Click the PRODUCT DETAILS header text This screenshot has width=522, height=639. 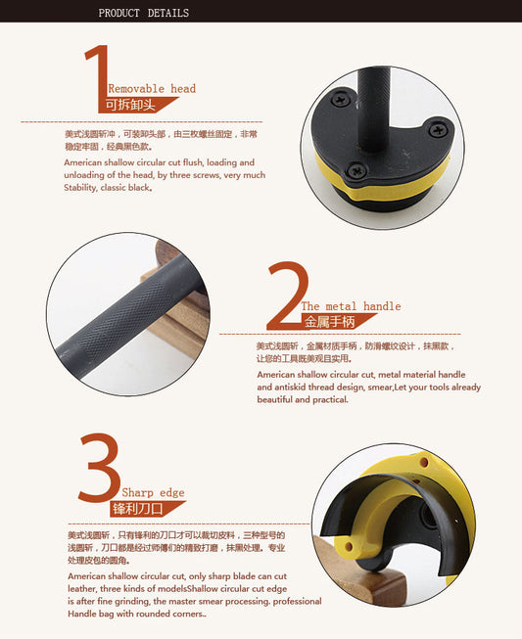pyautogui.click(x=144, y=13)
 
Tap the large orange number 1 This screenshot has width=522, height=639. pyautogui.click(x=98, y=78)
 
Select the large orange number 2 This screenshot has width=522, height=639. pyautogui.click(x=288, y=296)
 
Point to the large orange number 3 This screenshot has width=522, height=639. pyautogui.click(x=100, y=467)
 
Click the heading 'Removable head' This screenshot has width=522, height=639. pyautogui.click(x=152, y=88)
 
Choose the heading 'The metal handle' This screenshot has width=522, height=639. pyautogui.click(x=351, y=306)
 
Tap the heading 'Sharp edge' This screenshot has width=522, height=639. pyautogui.click(x=153, y=492)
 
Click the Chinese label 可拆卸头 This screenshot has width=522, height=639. pyautogui.click(x=130, y=105)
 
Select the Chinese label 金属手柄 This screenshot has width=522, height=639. pyautogui.click(x=329, y=322)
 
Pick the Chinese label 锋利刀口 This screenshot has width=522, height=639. pyautogui.click(x=137, y=509)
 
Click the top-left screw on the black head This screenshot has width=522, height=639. pyautogui.click(x=341, y=99)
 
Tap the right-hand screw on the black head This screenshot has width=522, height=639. pyautogui.click(x=438, y=130)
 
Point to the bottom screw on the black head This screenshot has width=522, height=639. pyautogui.click(x=356, y=170)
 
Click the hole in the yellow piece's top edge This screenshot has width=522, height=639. pyautogui.click(x=424, y=463)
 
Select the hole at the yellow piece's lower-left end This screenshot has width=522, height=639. pyautogui.click(x=349, y=546)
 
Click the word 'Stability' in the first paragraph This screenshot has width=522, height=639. pyautogui.click(x=80, y=188)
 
